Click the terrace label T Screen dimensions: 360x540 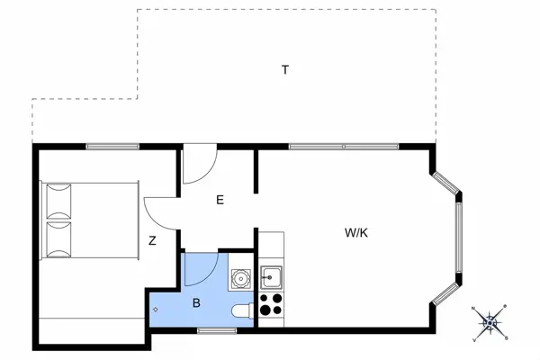point(284,70)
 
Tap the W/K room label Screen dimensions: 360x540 point(357,232)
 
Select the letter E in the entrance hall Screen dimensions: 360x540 point(220,201)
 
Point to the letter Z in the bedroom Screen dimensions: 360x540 point(153,240)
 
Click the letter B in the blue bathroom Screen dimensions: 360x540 point(196,303)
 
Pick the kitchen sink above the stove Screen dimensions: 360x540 point(272,276)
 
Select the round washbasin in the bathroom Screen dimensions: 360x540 point(240,279)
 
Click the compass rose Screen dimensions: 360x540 point(491,321)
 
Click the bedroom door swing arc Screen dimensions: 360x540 point(158,212)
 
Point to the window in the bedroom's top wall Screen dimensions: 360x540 point(112,146)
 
